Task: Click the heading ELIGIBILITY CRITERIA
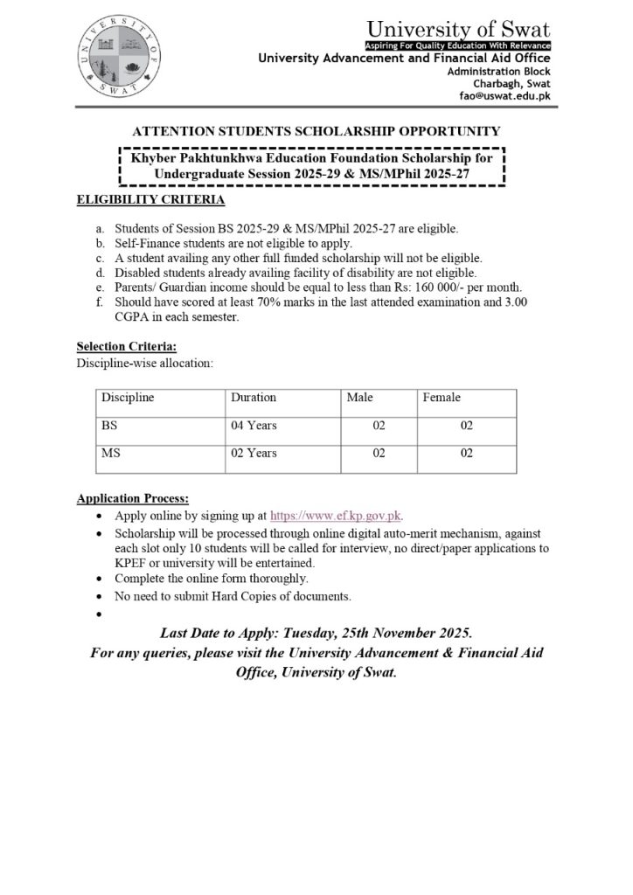[150, 200]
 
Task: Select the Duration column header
[254, 398]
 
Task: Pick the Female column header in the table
[442, 398]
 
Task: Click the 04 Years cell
[254, 426]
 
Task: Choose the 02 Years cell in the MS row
[254, 454]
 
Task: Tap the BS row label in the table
[109, 426]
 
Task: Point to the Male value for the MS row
[379, 454]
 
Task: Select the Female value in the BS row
[467, 426]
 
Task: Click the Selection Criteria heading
[126, 347]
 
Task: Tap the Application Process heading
[132, 499]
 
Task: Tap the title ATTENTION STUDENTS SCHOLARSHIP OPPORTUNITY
[316, 131]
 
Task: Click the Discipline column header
[128, 398]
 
